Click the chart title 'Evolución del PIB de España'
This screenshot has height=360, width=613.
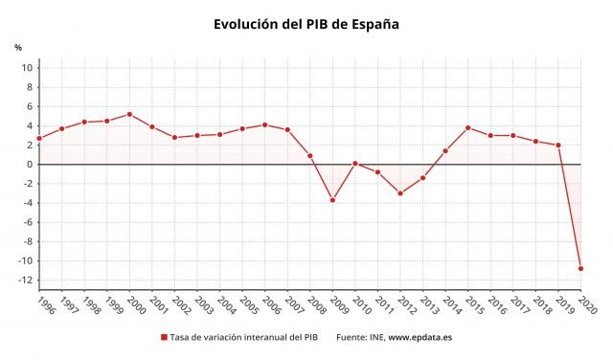pos(306,24)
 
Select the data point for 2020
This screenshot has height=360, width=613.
pos(580,268)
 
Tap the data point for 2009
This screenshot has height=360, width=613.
pos(332,200)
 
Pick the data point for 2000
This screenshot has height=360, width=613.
pos(129,114)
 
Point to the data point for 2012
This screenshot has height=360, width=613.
pos(400,193)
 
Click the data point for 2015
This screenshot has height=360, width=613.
pos(467,127)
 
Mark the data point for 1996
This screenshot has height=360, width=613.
pos(39,138)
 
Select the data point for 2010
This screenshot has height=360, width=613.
pos(355,163)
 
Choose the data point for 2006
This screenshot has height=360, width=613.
pos(264,124)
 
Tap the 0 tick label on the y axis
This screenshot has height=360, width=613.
pos(30,165)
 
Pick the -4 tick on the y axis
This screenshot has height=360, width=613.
pos(27,203)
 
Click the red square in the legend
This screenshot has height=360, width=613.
pos(164,338)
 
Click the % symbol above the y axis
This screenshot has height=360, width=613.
pos(17,47)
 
